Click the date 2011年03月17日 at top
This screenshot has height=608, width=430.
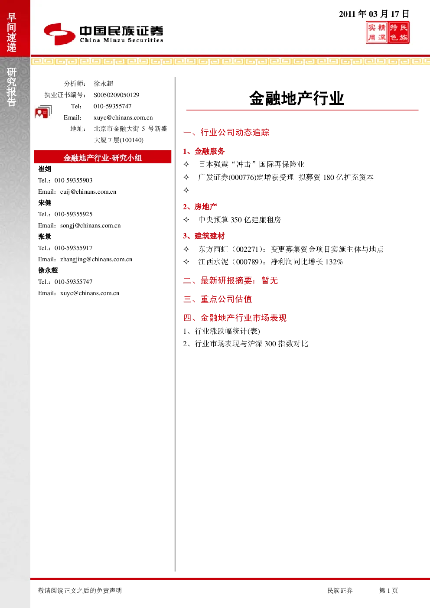(x=374, y=14)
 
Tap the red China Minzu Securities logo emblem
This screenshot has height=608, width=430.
(x=59, y=34)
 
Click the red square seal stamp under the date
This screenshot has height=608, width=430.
(x=388, y=33)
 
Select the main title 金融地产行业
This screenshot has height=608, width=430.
(x=297, y=98)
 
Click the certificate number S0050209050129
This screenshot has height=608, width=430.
(x=116, y=95)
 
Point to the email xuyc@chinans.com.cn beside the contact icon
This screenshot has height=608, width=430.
(x=123, y=117)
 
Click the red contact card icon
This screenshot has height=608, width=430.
(x=43, y=111)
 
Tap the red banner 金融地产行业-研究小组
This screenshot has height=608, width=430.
(x=103, y=157)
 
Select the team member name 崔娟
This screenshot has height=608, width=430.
(x=45, y=169)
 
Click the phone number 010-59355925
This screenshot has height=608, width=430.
(x=73, y=214)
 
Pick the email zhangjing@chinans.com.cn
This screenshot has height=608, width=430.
(x=96, y=259)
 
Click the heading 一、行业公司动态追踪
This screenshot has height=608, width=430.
(x=226, y=132)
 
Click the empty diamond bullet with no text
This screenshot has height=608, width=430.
(x=186, y=190)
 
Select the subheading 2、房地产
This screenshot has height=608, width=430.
(x=200, y=207)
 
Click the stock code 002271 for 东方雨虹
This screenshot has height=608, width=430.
(x=247, y=249)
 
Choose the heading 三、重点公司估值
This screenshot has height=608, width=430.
(x=218, y=299)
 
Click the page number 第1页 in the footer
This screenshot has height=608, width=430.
(x=388, y=590)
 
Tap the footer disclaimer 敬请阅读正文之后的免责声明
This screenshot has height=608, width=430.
(x=80, y=590)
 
